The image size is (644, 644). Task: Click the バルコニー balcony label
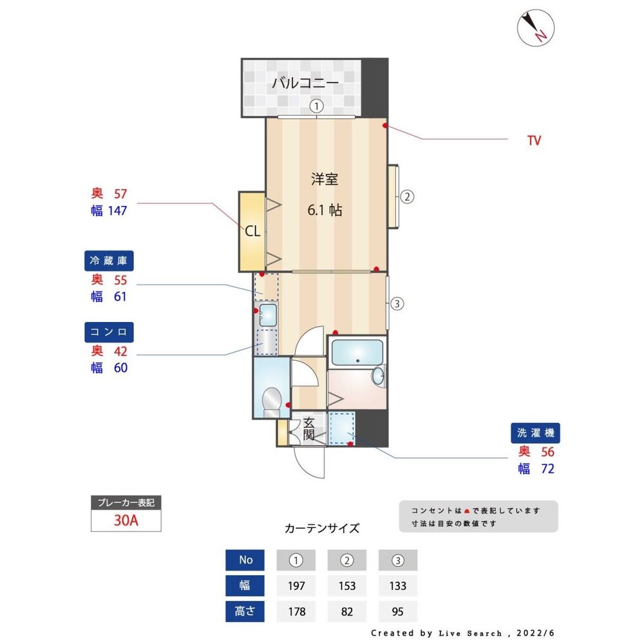click(305, 83)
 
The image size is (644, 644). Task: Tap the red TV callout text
click(534, 140)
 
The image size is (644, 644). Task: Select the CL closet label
click(252, 231)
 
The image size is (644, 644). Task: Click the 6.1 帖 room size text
click(325, 209)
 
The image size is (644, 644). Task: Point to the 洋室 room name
click(325, 180)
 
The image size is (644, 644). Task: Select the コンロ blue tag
click(109, 332)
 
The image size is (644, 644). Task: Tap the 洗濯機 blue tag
click(536, 433)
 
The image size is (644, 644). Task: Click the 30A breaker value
click(126, 520)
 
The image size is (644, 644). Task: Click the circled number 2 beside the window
click(407, 197)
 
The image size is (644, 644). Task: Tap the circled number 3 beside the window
click(397, 304)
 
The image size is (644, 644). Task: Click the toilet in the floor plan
click(271, 401)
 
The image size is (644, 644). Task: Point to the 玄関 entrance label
click(308, 430)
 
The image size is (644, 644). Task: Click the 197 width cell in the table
click(296, 586)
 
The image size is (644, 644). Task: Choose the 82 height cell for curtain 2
click(347, 611)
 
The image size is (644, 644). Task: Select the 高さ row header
click(246, 611)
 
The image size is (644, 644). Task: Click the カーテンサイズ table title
click(322, 529)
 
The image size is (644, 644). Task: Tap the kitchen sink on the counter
click(267, 315)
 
